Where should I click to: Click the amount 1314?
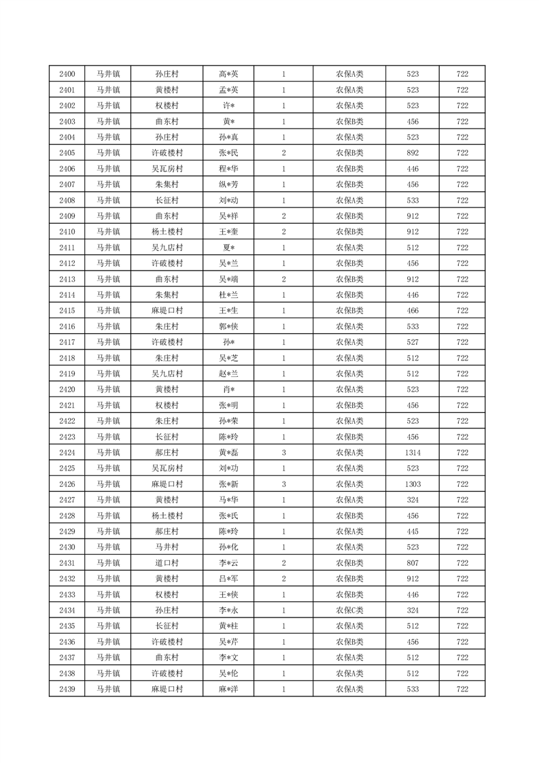click(412, 452)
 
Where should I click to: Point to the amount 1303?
click(412, 484)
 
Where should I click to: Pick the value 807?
click(412, 563)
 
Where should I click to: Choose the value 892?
click(412, 153)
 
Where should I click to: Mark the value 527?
click(412, 342)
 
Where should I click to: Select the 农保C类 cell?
click(349, 610)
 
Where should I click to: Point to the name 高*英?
click(228, 74)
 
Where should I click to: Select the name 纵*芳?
click(228, 184)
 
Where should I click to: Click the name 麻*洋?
click(228, 689)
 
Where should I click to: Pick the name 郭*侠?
click(228, 326)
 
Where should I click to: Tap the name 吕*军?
click(228, 579)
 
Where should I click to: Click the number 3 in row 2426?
click(283, 484)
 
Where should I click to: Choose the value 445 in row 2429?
click(412, 531)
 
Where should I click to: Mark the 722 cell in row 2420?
click(462, 390)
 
